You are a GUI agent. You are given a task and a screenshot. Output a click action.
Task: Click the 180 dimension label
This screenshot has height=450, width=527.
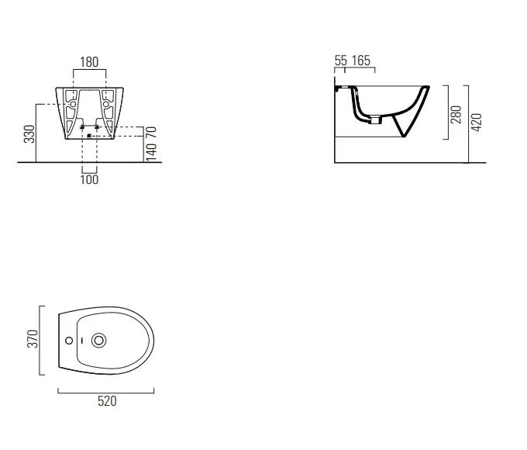pos(89,62)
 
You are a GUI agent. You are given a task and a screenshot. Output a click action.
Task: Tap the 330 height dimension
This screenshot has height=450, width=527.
pos(29,134)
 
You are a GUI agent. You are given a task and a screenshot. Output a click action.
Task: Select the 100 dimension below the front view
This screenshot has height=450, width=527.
pos(89,179)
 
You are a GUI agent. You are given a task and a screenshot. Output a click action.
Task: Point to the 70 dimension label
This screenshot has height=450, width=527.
pos(152,132)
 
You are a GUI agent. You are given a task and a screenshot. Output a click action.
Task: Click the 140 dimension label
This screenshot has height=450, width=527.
pos(152,152)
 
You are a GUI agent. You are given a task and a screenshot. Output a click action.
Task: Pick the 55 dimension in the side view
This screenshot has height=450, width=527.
pos(340,61)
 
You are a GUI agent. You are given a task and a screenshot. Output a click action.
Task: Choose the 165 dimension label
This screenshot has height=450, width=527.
pos(361,61)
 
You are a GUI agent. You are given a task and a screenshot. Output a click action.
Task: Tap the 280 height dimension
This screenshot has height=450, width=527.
pos(456,114)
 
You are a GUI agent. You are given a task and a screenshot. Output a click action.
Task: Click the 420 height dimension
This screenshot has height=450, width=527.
pos(477,122)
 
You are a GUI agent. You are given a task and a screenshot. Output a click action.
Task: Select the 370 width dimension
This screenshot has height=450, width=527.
pos(33,338)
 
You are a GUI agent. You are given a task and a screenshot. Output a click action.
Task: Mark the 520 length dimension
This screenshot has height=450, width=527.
pos(107,401)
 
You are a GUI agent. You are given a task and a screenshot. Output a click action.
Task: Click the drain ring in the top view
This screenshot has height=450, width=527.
pos(99,341)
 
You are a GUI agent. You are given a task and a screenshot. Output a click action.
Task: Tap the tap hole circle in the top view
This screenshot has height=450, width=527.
pos(69,341)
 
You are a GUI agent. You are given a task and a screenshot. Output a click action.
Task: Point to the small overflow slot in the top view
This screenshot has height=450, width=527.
pos(82,341)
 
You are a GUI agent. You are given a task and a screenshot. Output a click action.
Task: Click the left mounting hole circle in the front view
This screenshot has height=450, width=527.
pos(73,104)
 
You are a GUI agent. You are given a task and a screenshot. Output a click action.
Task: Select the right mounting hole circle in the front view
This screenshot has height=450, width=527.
pos(106,104)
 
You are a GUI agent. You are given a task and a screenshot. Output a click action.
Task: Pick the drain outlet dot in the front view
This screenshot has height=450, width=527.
pos(89,136)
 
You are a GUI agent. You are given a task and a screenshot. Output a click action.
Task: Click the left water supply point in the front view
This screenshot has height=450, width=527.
pos(82,127)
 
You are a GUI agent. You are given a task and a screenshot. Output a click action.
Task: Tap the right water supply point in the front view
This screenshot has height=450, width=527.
pos(97,127)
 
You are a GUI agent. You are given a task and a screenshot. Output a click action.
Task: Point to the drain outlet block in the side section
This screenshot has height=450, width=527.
pos(376,119)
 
